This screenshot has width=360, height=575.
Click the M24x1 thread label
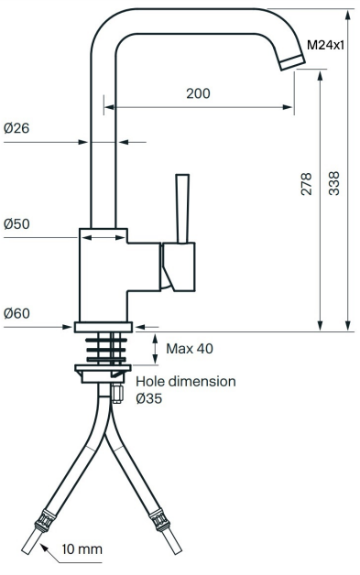tap(325, 45)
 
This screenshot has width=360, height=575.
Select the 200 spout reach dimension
tap(198, 93)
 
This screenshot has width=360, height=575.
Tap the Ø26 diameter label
tap(16, 128)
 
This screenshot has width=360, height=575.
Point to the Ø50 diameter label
tap(16, 223)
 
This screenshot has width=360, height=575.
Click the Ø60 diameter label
tap(16, 313)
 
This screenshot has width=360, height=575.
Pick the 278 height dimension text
tap(306, 184)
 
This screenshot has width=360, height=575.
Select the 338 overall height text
tap(334, 183)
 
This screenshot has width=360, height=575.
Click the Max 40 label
tap(190, 348)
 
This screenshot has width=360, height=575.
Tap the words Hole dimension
tap(186, 382)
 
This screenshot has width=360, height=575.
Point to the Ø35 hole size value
tap(149, 398)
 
